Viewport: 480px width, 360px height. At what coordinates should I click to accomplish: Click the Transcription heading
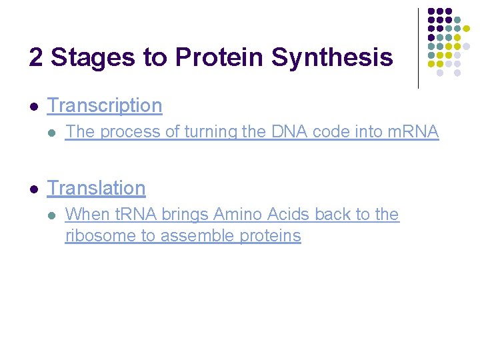(x=105, y=105)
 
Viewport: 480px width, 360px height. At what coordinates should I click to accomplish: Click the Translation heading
(x=96, y=188)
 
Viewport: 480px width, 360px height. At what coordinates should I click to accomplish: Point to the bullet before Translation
(x=33, y=189)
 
